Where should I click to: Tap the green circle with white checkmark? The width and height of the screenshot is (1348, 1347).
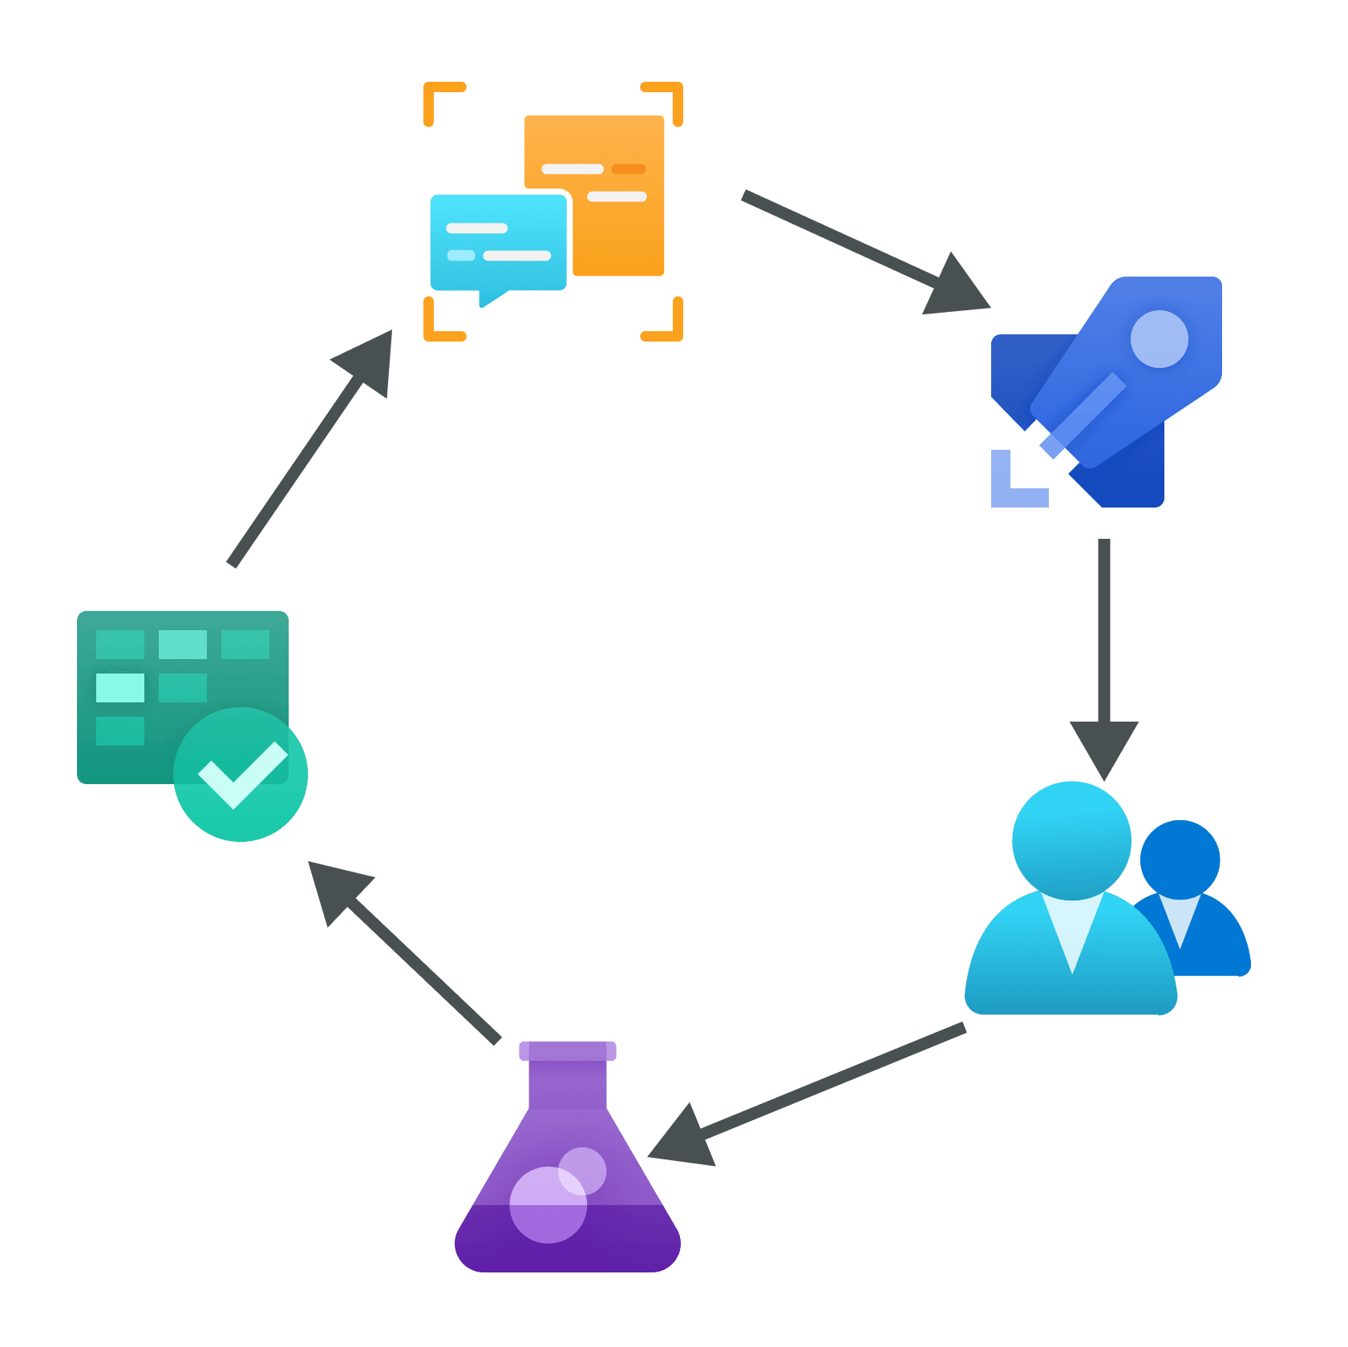(x=241, y=775)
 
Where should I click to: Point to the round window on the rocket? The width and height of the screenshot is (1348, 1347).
(x=1159, y=339)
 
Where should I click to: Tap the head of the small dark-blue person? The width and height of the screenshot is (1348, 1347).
(x=1180, y=859)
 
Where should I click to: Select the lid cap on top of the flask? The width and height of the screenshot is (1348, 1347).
(x=568, y=1051)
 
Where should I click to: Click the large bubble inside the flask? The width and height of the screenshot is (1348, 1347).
(x=549, y=1205)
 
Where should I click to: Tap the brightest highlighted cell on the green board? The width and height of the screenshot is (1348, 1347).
(x=120, y=687)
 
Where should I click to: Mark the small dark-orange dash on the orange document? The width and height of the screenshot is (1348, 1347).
(x=629, y=169)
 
